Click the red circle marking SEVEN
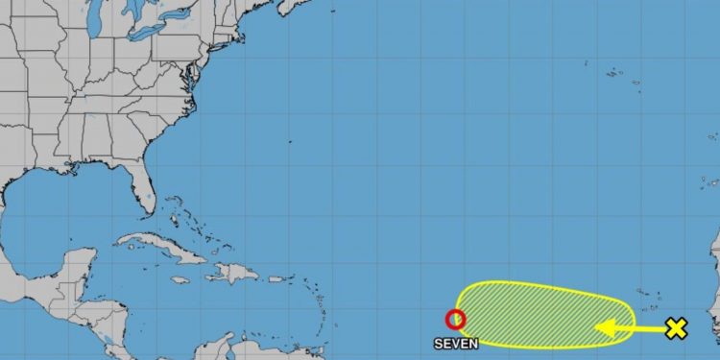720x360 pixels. [455, 320]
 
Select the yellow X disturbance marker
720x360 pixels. [677, 329]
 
